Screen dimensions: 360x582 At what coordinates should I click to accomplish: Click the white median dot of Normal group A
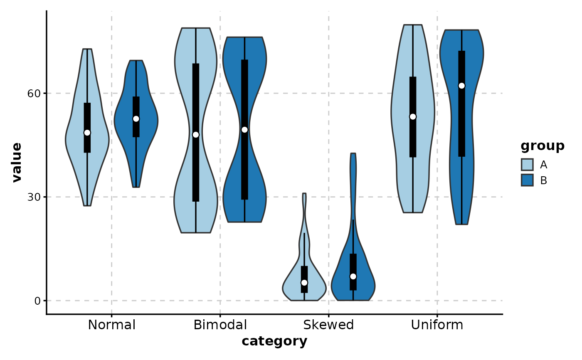point(87,133)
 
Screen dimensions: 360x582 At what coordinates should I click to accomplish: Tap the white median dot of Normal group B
point(136,118)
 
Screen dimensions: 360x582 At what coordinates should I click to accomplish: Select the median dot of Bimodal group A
point(196,135)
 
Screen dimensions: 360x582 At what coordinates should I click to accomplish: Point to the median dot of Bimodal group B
point(244,130)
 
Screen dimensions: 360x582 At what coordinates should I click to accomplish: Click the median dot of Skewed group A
point(304,283)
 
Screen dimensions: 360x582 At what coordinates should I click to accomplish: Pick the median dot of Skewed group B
point(353,276)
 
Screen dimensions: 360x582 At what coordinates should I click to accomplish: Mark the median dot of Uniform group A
point(413,117)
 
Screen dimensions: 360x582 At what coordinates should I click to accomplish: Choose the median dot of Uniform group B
point(461,86)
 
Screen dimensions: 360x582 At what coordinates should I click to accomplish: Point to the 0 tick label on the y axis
point(37,301)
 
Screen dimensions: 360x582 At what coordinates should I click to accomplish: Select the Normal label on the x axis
point(112,325)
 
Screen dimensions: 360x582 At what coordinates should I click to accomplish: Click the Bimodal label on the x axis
point(220,325)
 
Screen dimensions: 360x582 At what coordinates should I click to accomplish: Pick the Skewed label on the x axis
point(328,325)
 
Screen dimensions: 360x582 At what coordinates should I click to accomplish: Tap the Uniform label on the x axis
point(437,325)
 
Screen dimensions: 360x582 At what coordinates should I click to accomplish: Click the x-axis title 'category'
point(274,342)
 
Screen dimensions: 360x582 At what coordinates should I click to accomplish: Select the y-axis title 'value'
point(17,163)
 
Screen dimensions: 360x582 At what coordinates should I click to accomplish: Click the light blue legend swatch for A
point(527,165)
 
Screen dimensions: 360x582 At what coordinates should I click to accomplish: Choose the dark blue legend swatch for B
point(527,180)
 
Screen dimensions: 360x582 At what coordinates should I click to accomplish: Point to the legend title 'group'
point(543,146)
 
